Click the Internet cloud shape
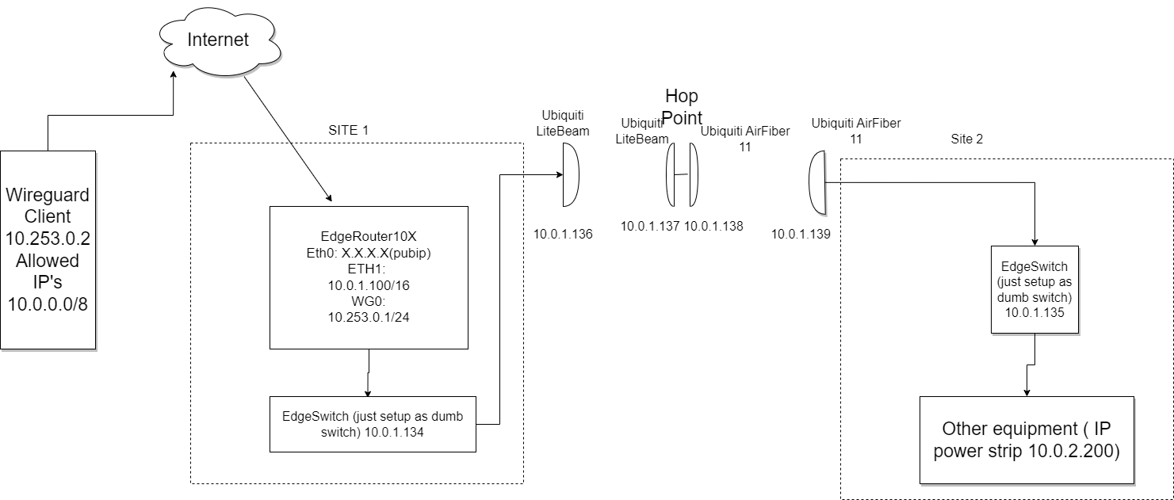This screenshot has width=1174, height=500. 217,41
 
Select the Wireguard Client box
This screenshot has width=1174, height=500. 48,250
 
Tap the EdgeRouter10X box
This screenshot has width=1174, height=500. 369,277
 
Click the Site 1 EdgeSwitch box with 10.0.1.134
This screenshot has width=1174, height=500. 373,424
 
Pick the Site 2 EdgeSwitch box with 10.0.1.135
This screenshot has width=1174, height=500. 1035,288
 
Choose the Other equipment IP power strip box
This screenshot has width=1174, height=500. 1027,440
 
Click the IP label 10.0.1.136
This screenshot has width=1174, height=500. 563,234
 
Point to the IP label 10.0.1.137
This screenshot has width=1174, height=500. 650,226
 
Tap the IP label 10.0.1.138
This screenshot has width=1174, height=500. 713,226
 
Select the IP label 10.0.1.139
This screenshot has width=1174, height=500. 801,234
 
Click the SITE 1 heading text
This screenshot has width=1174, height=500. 349,129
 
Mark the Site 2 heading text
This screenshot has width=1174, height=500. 966,139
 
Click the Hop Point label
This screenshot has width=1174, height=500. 682,107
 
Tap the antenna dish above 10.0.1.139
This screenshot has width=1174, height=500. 817,183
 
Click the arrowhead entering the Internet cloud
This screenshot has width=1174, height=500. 174,73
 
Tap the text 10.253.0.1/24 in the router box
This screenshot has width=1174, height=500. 368,318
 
